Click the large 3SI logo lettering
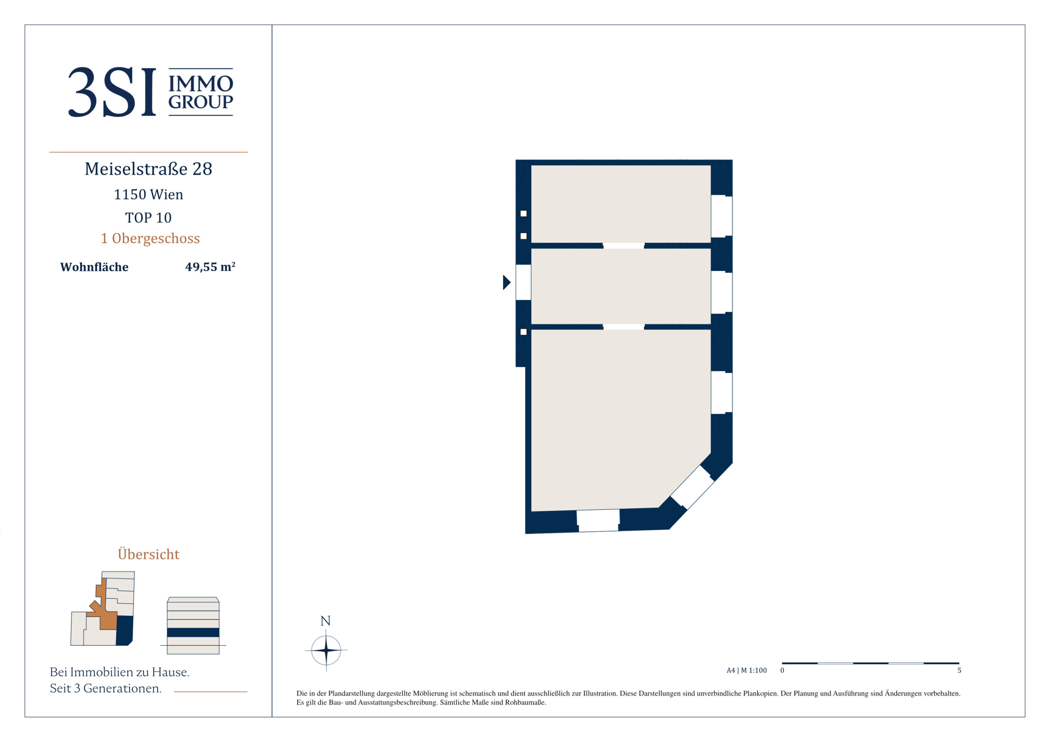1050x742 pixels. click(112, 92)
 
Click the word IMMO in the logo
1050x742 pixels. click(201, 84)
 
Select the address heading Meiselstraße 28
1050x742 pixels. click(148, 169)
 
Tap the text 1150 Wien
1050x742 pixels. click(148, 194)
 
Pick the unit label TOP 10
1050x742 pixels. click(148, 217)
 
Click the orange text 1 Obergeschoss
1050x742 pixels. click(151, 238)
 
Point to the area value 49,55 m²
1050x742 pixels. click(210, 267)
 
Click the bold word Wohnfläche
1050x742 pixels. click(94, 267)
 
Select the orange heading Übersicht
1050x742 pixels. click(148, 554)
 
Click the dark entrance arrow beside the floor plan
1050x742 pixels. click(507, 282)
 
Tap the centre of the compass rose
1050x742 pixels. click(326, 650)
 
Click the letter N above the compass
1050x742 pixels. click(325, 621)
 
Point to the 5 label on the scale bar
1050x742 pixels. click(960, 670)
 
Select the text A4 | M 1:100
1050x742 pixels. click(747, 670)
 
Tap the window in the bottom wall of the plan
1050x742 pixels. click(598, 520)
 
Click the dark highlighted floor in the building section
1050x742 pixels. click(193, 632)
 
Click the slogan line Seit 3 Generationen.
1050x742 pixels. click(106, 688)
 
